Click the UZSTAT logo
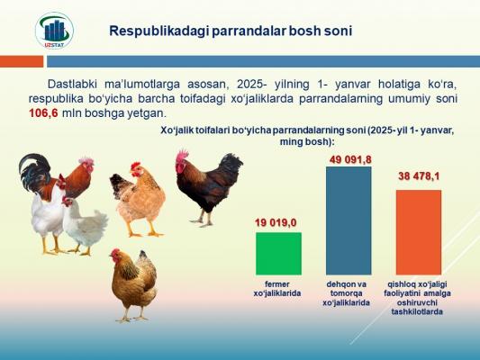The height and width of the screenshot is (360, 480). coord(55,31)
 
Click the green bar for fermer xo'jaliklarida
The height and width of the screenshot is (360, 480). coord(278,254)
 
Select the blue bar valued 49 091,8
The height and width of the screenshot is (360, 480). coord(349,220)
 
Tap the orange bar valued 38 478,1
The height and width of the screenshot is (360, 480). coord(419,232)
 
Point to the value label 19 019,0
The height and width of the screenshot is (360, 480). coord(276,222)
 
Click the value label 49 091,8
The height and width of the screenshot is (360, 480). coord(350,159)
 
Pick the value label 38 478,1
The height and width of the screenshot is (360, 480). coord(419,176)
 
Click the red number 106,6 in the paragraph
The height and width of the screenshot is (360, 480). coord(43,113)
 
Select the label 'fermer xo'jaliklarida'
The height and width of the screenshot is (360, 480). coord(277,289)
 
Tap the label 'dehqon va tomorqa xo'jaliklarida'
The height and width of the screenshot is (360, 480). coord(346,293)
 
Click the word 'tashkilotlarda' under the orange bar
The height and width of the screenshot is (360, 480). coord(417,312)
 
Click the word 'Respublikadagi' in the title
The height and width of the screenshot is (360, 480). coord(158,31)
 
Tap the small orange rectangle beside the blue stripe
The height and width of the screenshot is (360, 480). coord(22,61)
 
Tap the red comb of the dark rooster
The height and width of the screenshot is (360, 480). coord(183,156)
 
